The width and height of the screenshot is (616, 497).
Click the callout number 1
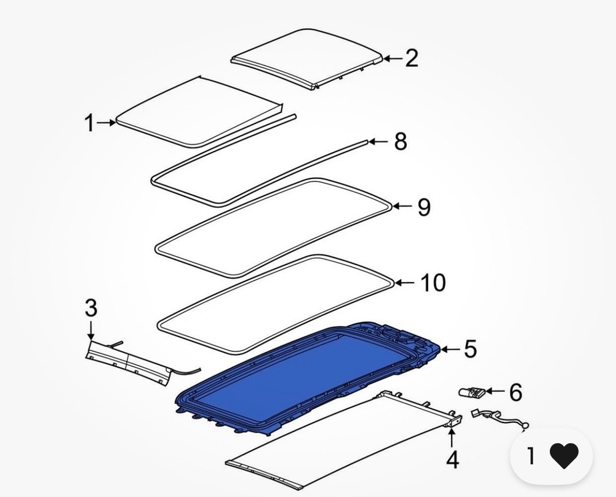point(90,122)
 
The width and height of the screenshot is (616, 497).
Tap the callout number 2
point(411,58)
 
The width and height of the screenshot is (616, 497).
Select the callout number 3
point(91,308)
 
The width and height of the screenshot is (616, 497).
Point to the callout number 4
point(452,460)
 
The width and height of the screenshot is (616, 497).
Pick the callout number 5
point(470,350)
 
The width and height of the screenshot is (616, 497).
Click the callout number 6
point(515,391)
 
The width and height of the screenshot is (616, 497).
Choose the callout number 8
point(400,142)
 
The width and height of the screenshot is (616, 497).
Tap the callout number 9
point(424,207)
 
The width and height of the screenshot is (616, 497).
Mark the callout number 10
point(433,283)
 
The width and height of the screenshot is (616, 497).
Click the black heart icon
point(564,456)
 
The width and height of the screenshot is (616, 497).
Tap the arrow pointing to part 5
point(450,350)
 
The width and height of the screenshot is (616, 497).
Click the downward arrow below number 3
point(91,330)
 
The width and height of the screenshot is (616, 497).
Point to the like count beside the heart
point(531,456)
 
